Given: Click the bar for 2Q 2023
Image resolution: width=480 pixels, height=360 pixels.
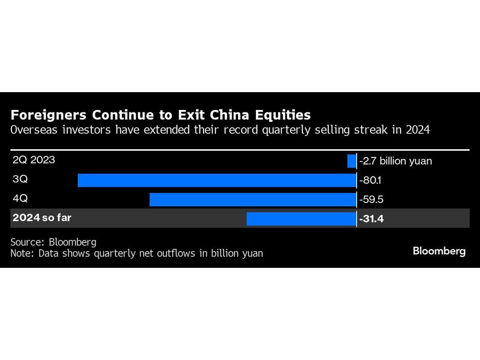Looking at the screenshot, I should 352,161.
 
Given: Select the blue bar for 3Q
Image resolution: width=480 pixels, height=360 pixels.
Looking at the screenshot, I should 217,180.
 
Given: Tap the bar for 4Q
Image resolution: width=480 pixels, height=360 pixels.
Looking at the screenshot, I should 253,200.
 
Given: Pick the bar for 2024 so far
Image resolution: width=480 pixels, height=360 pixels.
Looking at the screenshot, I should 301,219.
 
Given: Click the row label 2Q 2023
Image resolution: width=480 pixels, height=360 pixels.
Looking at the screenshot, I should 34,160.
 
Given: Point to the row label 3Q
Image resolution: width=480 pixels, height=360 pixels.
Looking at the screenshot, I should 20,180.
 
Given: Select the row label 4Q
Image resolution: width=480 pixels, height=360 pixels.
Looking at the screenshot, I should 20,199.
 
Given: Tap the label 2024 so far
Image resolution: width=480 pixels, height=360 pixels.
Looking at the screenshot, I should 42,218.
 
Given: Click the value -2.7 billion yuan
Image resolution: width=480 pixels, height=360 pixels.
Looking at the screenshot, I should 396,161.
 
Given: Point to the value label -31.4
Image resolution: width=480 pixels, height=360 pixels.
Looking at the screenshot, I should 372,219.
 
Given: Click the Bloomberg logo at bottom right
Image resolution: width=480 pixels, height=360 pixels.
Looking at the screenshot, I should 439,251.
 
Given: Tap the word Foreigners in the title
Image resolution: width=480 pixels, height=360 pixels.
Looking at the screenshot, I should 48,115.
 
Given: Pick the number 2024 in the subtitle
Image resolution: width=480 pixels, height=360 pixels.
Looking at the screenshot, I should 417,130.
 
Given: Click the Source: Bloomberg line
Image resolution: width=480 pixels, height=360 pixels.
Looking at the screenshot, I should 53,242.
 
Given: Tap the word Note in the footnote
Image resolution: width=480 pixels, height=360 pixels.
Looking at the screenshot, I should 21,253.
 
